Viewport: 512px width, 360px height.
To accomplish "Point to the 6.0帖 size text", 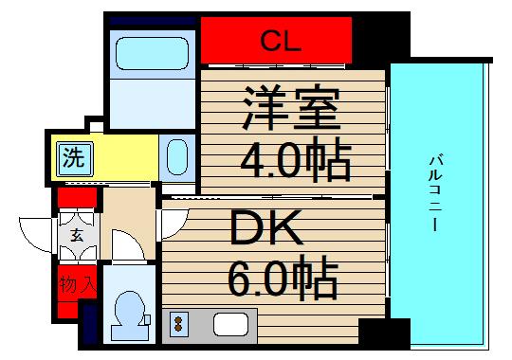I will (282, 278).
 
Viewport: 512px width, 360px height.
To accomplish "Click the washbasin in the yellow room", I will (176, 156).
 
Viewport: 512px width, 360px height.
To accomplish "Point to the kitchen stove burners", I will (177, 325).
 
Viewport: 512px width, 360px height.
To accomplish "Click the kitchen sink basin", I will (229, 324).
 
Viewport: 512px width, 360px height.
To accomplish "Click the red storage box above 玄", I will (77, 199).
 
